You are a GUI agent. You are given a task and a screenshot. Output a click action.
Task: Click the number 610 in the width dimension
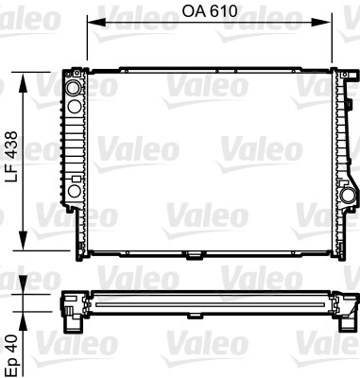pyautogui.click(x=220, y=10)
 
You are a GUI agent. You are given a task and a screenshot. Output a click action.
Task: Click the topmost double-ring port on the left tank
pyautogui.click(x=73, y=89)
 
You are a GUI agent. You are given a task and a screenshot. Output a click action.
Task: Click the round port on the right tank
pyautogui.click(x=347, y=196)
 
